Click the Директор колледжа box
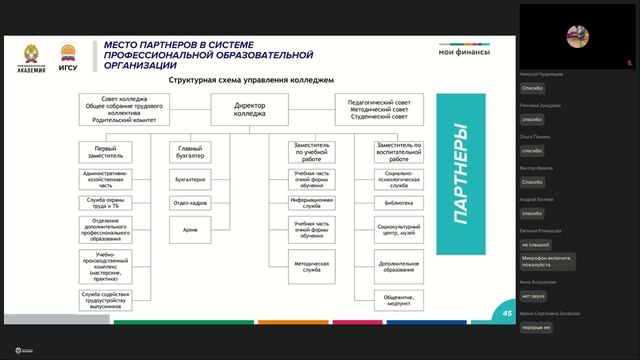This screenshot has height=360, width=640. click(250, 109)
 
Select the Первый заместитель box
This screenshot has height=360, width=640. click(106, 152)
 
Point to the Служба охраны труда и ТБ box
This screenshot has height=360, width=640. click(106, 203)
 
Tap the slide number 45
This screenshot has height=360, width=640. click(507, 313)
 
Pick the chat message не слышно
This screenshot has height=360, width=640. click(536, 243)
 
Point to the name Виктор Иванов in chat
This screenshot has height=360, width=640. click(538, 168)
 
